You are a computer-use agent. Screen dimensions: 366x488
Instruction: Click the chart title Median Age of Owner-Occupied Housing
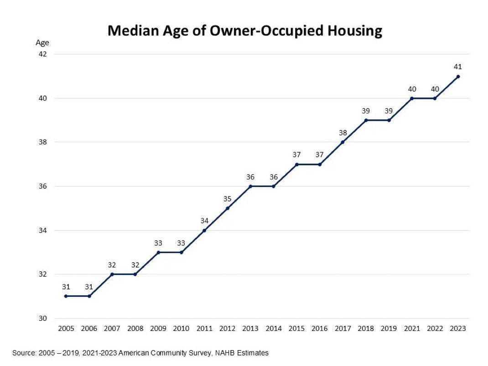[244, 31]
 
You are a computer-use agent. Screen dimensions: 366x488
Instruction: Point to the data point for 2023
[458, 77]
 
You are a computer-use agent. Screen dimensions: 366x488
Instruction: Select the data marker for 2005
[66, 296]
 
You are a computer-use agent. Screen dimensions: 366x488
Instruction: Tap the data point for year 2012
[227, 208]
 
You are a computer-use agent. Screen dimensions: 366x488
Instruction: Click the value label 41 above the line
[458, 67]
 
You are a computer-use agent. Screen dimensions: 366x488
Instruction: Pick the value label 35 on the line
[227, 198]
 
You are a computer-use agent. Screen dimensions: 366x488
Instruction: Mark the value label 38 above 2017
[343, 133]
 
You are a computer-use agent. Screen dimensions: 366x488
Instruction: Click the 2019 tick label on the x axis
[389, 329]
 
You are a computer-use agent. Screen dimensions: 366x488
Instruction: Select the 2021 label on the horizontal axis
[412, 329]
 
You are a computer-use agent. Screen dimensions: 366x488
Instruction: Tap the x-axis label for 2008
[135, 329]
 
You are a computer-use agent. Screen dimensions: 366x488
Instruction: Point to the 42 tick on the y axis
[42, 54]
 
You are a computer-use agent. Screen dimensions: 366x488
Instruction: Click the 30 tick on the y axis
[42, 319]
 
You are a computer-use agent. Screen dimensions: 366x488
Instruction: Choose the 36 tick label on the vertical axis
[42, 186]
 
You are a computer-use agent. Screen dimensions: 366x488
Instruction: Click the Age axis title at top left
[42, 43]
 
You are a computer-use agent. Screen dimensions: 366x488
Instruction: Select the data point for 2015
[296, 165]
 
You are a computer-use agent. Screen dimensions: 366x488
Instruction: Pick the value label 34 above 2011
[204, 221]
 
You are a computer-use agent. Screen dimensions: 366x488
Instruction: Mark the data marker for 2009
[158, 253]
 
